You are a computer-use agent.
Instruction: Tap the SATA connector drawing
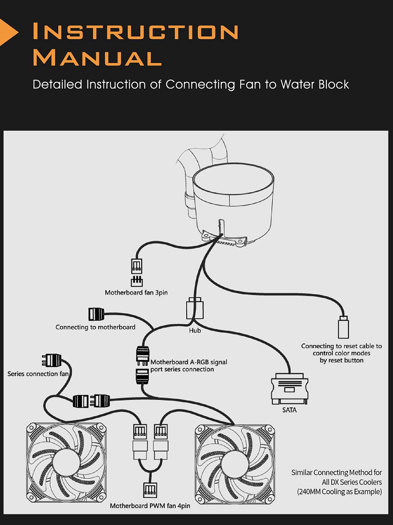tap(289, 388)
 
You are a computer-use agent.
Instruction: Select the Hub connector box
tap(195, 308)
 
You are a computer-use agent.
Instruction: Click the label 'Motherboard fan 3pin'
tap(136, 293)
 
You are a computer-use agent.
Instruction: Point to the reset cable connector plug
tap(343, 327)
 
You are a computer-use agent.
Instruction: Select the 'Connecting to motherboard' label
tap(95, 327)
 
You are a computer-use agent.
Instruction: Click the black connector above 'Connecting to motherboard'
tap(96, 314)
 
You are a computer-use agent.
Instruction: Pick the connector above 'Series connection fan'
tap(51, 360)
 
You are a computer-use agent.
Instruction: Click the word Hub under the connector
tap(195, 331)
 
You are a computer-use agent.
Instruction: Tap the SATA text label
tap(289, 410)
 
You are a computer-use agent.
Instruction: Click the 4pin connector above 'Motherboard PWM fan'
tap(150, 490)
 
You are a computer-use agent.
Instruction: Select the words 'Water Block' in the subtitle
tap(315, 84)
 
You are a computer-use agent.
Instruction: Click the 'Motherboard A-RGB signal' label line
tap(189, 362)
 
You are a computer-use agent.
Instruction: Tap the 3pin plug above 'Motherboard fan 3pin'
tap(137, 266)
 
